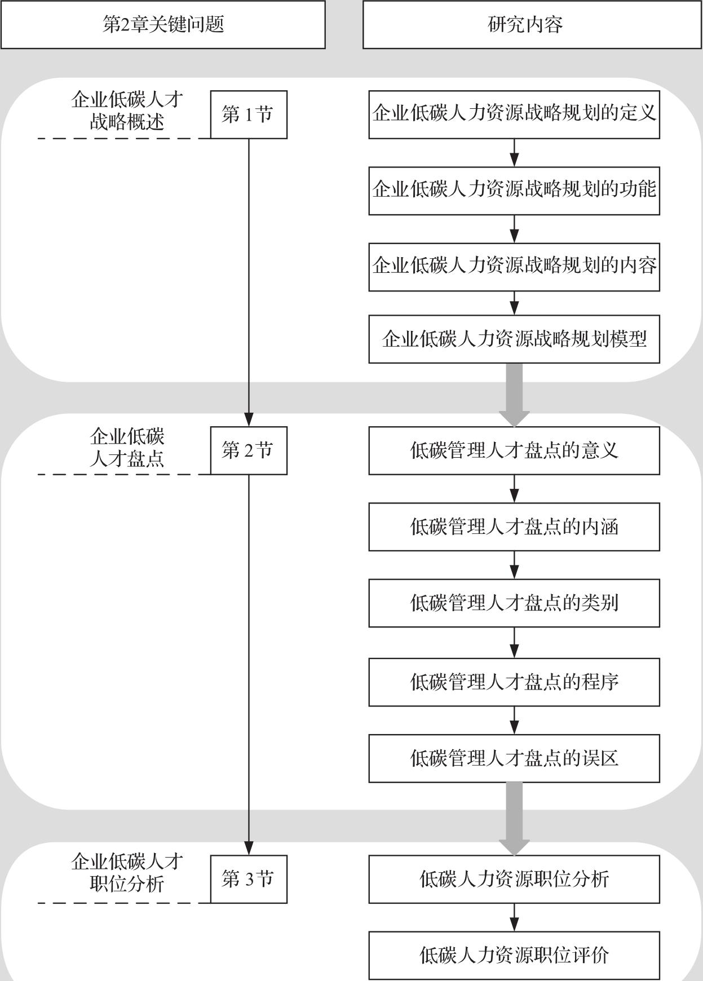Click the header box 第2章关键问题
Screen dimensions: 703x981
pyautogui.click(x=163, y=24)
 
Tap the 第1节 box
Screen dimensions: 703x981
pyautogui.click(x=249, y=114)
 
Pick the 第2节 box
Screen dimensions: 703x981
pyautogui.click(x=249, y=450)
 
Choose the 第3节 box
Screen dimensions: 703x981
pyautogui.click(x=249, y=879)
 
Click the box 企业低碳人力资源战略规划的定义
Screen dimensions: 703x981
pyautogui.click(x=514, y=114)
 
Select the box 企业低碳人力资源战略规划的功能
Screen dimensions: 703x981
pyautogui.click(x=514, y=191)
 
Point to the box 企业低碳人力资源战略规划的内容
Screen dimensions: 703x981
pyautogui.click(x=514, y=267)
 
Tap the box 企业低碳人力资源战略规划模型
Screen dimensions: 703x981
pyautogui.click(x=514, y=339)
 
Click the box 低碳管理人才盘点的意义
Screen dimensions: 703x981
pyautogui.click(x=514, y=450)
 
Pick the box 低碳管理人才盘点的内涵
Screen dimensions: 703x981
pyautogui.click(x=514, y=527)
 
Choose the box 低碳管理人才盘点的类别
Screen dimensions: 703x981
pyautogui.click(x=514, y=603)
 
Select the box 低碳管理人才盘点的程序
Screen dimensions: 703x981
pyautogui.click(x=514, y=682)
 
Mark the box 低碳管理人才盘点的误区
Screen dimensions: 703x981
pyautogui.click(x=514, y=758)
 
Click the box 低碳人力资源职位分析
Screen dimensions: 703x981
pyautogui.click(x=514, y=879)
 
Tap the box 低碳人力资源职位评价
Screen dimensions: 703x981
pyautogui.click(x=514, y=955)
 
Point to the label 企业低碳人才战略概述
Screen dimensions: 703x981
pyautogui.click(x=127, y=111)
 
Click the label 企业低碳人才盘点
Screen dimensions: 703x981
pyautogui.click(x=127, y=448)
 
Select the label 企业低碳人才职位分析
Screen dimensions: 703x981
pyautogui.click(x=127, y=873)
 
